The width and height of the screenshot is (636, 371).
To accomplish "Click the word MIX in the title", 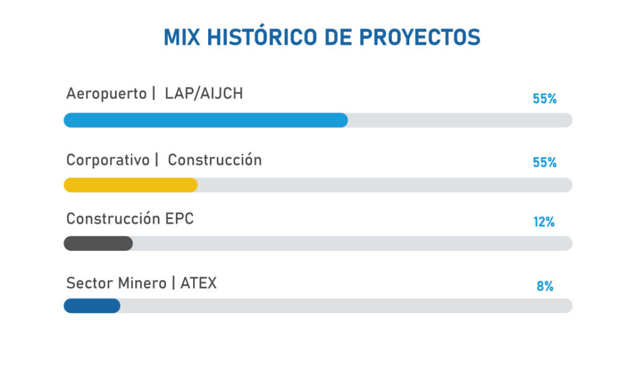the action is [182, 37].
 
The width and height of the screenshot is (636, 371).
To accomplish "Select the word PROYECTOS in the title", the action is [420, 37].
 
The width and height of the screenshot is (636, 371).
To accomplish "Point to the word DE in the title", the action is [338, 37].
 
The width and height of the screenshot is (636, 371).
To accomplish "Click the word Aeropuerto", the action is [106, 94].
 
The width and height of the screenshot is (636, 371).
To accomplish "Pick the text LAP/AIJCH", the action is [204, 94].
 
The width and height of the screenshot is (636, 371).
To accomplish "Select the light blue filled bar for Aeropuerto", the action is [206, 120].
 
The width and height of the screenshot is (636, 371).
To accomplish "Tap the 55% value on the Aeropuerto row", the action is [544, 99].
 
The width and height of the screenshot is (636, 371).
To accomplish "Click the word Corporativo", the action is [108, 160].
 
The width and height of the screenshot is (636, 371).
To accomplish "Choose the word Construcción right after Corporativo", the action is [214, 159].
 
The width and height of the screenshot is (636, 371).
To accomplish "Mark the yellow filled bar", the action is [130, 185].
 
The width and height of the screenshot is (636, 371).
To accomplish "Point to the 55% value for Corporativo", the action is [544, 163].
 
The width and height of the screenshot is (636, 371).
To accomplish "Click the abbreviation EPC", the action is [179, 219].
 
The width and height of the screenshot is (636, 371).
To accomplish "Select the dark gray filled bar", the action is [98, 243].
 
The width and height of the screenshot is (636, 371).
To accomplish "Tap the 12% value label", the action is [544, 222].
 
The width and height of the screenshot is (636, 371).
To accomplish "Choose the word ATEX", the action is [198, 283].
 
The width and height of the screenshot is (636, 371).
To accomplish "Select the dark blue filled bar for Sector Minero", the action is [92, 306].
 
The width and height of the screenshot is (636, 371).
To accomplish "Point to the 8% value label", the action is [545, 287].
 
